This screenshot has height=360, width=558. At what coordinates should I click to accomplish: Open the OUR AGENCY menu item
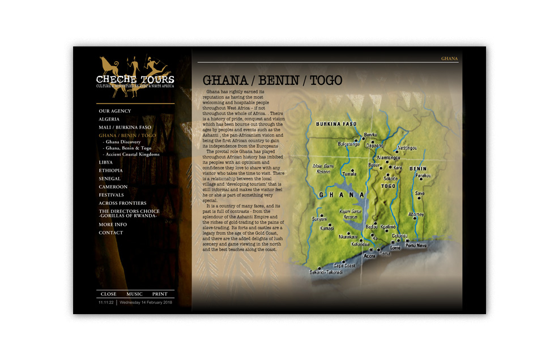115,111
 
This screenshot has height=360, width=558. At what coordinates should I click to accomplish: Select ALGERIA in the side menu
109,119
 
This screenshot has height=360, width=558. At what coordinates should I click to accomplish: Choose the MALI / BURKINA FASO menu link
125,127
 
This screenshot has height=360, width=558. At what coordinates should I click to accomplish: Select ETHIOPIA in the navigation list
110,170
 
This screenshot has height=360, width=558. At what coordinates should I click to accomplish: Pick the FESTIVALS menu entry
112,195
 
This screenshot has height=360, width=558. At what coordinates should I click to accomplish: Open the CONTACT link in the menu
111,233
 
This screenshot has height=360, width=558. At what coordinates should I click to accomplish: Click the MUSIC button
134,294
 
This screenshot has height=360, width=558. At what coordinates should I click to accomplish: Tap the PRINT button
160,294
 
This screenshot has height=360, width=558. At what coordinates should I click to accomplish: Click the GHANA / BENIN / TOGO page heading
273,80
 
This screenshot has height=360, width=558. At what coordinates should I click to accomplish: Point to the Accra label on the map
369,256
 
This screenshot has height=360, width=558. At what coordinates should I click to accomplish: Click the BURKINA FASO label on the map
336,123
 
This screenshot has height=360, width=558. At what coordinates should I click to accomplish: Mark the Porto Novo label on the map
415,246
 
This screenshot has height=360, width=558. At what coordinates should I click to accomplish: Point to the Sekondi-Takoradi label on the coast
326,272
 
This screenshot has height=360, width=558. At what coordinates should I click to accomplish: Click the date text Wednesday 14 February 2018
146,303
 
